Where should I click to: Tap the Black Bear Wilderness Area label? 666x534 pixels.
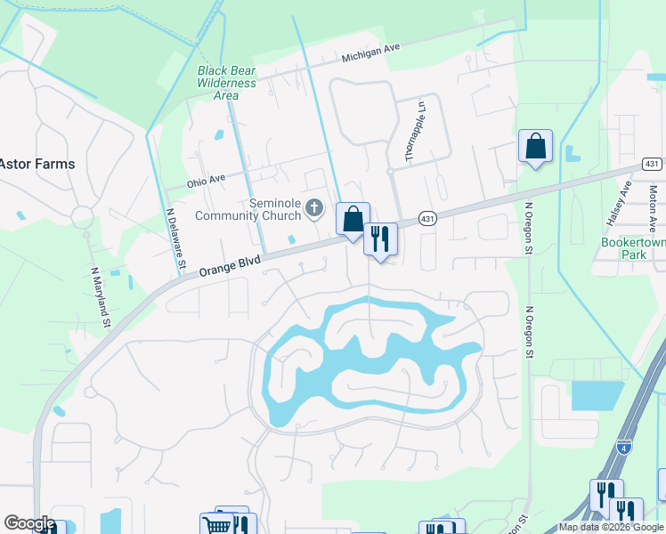pyautogui.click(x=227, y=83)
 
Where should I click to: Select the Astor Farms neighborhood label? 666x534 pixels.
pyautogui.click(x=37, y=165)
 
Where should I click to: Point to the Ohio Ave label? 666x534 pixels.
pyautogui.click(x=207, y=181)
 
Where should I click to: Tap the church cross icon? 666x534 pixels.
pyautogui.click(x=313, y=209)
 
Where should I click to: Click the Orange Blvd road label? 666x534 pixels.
pyautogui.click(x=230, y=264)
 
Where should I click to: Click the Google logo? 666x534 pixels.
pyautogui.click(x=29, y=524)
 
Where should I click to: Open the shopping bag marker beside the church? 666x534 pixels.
pyautogui.click(x=353, y=218)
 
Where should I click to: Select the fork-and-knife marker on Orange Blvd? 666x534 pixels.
pyautogui.click(x=380, y=238)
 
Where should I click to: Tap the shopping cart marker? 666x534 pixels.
pyautogui.click(x=216, y=525)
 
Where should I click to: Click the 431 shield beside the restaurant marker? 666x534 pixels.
pyautogui.click(x=428, y=219)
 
